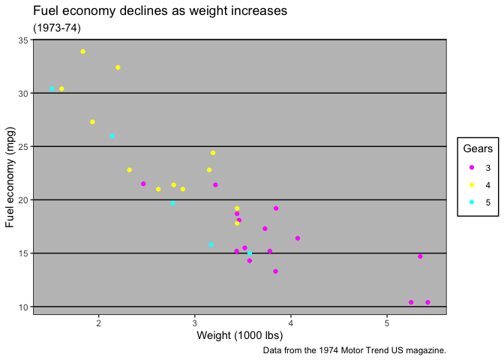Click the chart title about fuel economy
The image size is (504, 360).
click(160, 11)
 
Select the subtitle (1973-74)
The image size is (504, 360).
click(57, 28)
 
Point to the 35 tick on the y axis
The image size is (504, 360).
click(22, 40)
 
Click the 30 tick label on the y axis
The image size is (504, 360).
click(22, 93)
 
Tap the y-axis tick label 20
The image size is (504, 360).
click(22, 200)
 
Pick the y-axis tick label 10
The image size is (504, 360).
click(22, 307)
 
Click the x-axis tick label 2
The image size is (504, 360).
click(99, 322)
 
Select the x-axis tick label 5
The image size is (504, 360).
click(387, 322)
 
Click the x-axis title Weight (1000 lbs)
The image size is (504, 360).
click(240, 335)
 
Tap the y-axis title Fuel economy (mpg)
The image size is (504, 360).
click(10, 177)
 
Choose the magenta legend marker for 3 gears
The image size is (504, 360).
click(470, 167)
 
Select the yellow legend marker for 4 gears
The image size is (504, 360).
click(470, 184)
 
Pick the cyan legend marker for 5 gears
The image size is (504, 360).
click(470, 202)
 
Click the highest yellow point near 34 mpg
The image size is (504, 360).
click(82, 52)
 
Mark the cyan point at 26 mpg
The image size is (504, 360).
click(112, 136)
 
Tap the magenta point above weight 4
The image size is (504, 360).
click(298, 238)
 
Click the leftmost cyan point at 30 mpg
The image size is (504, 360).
click(52, 89)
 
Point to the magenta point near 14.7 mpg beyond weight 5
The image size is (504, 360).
click(420, 256)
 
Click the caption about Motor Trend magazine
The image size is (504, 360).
click(355, 350)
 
